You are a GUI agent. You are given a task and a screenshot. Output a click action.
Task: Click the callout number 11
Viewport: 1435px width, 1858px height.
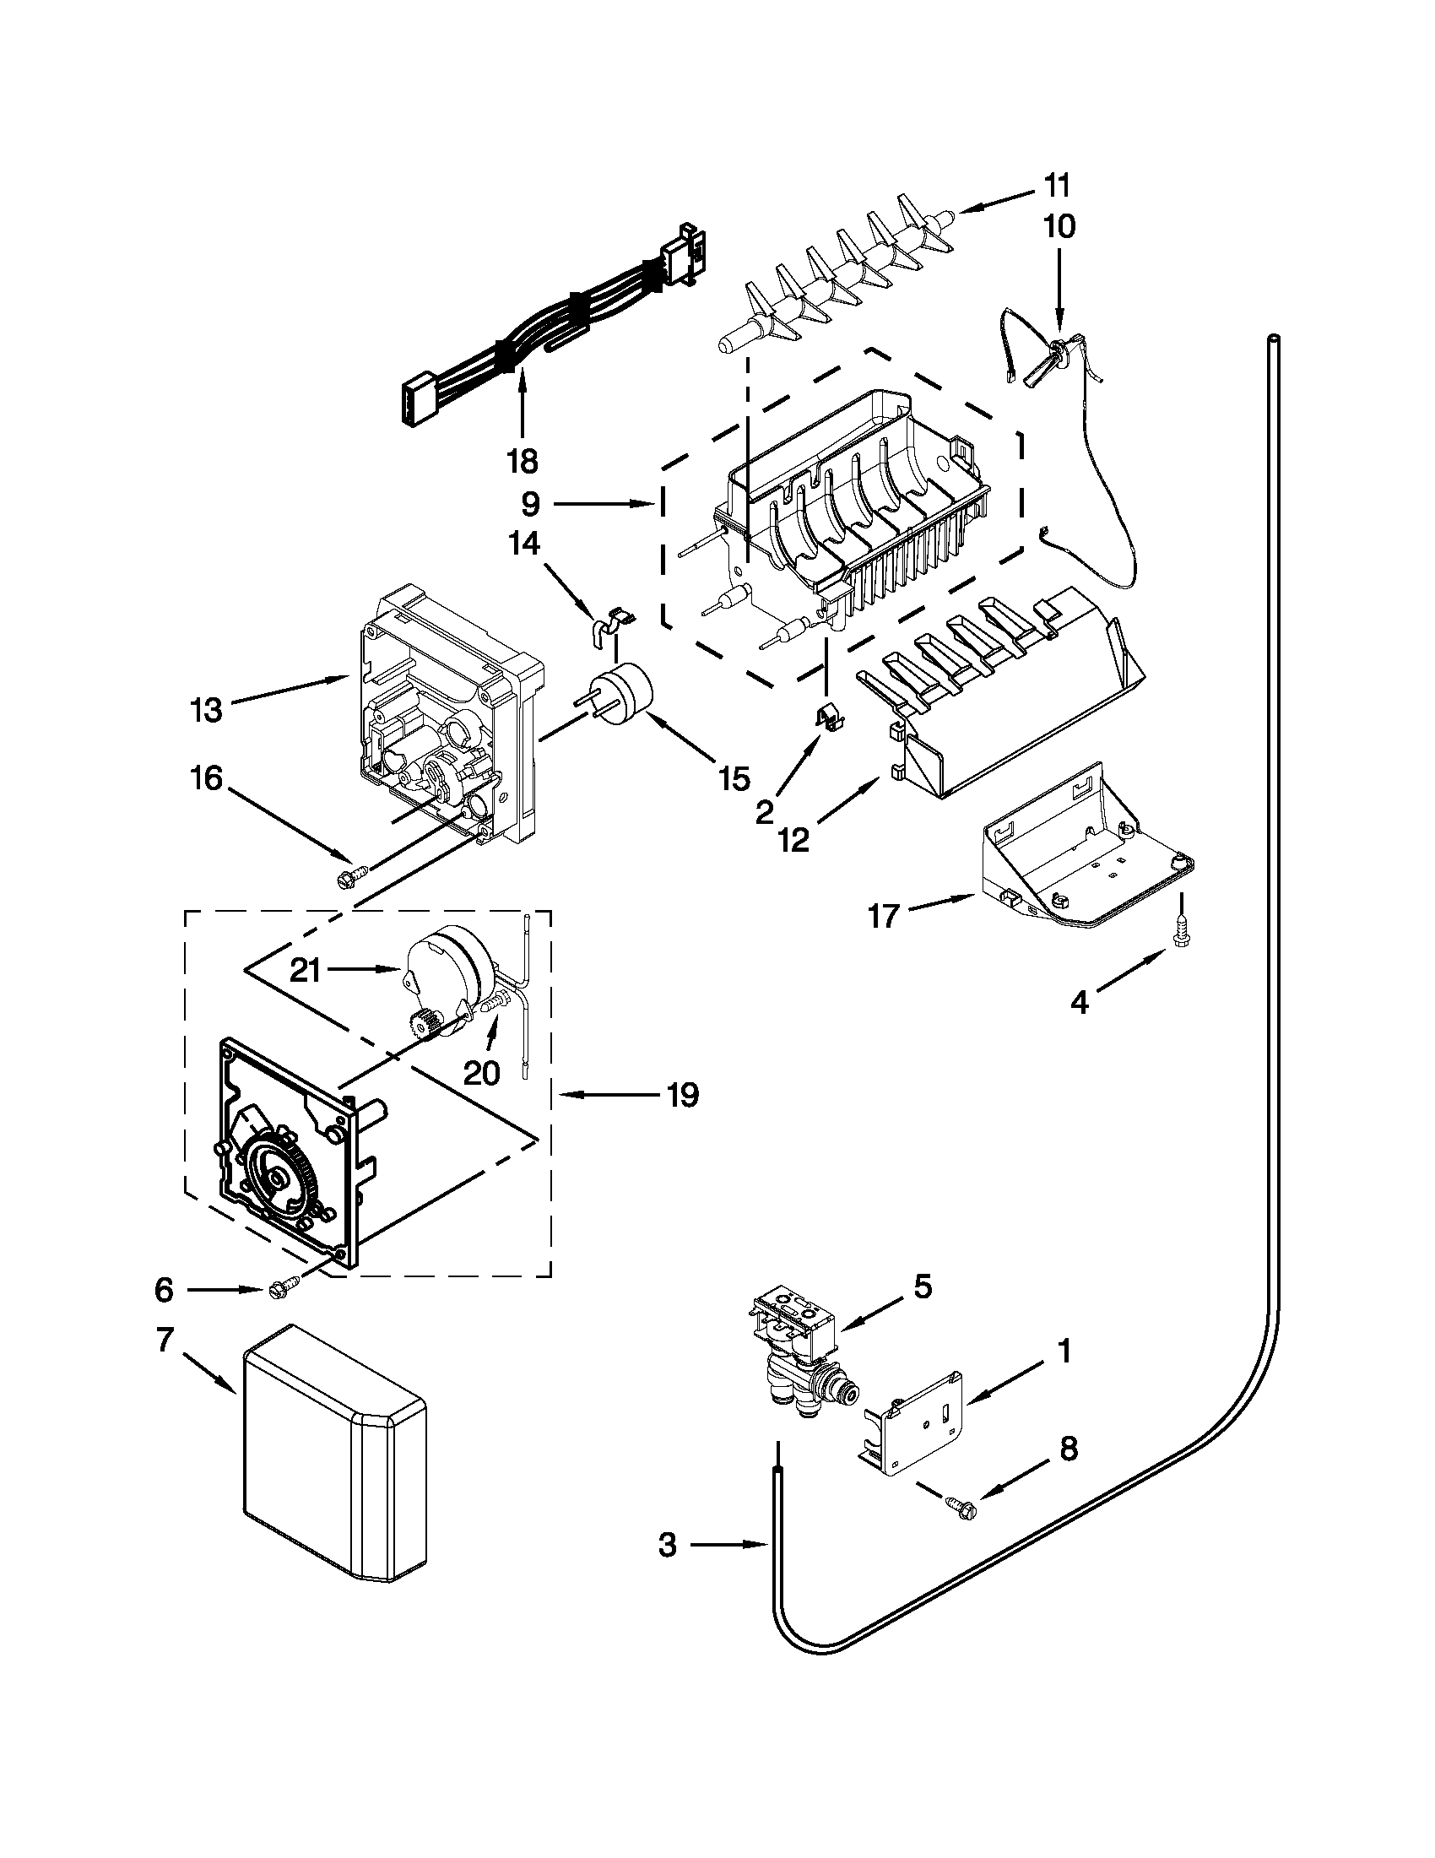click(1057, 186)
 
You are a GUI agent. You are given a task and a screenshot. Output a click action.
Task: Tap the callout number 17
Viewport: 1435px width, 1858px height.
click(884, 917)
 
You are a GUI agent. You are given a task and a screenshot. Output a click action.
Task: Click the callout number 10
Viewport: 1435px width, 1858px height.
click(1059, 226)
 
